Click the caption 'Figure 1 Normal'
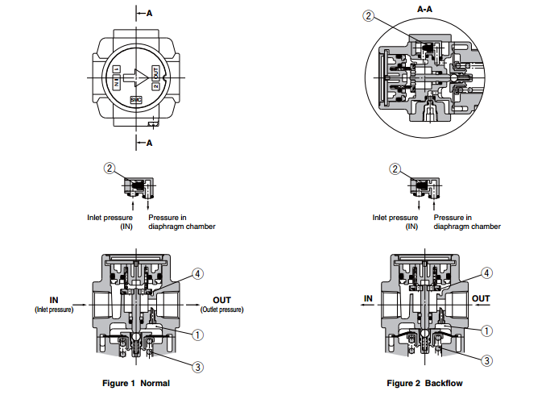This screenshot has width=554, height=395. tap(136, 383)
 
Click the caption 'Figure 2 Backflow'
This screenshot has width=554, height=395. tap(425, 383)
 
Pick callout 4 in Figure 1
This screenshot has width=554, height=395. tap(198, 274)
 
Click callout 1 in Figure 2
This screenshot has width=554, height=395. tap(487, 329)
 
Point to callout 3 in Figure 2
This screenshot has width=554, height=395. tap(487, 360)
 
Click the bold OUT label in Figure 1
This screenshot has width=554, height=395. tap(221, 300)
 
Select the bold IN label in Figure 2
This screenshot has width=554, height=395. tap(368, 299)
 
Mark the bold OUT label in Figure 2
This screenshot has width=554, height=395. tap(481, 299)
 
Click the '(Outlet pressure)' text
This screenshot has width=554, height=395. tap(221, 310)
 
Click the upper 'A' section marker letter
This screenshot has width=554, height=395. tap(149, 13)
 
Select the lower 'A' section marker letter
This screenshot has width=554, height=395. tap(149, 143)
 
